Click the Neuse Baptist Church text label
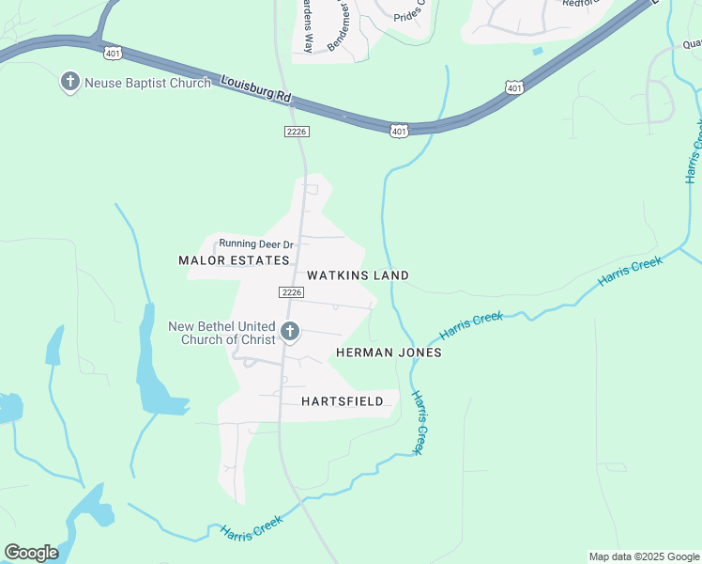tap(147, 83)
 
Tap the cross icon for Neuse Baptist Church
tap(69, 83)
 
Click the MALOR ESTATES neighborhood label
tap(234, 260)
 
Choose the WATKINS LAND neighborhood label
tap(358, 275)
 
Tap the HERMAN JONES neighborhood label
tap(389, 352)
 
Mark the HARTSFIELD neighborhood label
tap(342, 401)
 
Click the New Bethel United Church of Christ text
tap(221, 333)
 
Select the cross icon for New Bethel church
tap(290, 332)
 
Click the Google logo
tap(31, 553)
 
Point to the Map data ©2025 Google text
tap(644, 556)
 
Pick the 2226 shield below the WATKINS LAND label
tap(291, 293)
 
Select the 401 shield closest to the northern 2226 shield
tap(400, 132)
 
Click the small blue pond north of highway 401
tap(537, 51)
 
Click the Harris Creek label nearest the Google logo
tap(252, 528)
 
